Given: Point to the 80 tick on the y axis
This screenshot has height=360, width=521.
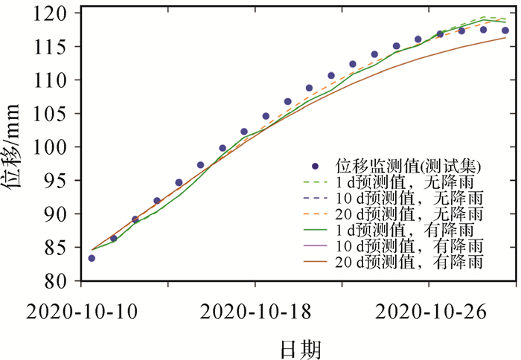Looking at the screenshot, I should click(x=59, y=281).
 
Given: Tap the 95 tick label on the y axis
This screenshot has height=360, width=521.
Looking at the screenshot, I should click(x=59, y=181).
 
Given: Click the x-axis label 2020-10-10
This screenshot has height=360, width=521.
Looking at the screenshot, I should click(x=81, y=311).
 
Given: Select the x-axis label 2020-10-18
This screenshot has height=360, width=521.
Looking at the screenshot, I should click(x=255, y=311).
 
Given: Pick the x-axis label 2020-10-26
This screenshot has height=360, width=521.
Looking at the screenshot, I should click(x=429, y=311).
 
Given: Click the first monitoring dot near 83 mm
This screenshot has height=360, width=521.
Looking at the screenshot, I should click(x=92, y=258).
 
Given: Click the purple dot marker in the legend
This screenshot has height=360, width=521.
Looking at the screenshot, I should click(x=315, y=165).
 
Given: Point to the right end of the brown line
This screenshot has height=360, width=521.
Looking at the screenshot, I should click(x=506, y=38).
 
